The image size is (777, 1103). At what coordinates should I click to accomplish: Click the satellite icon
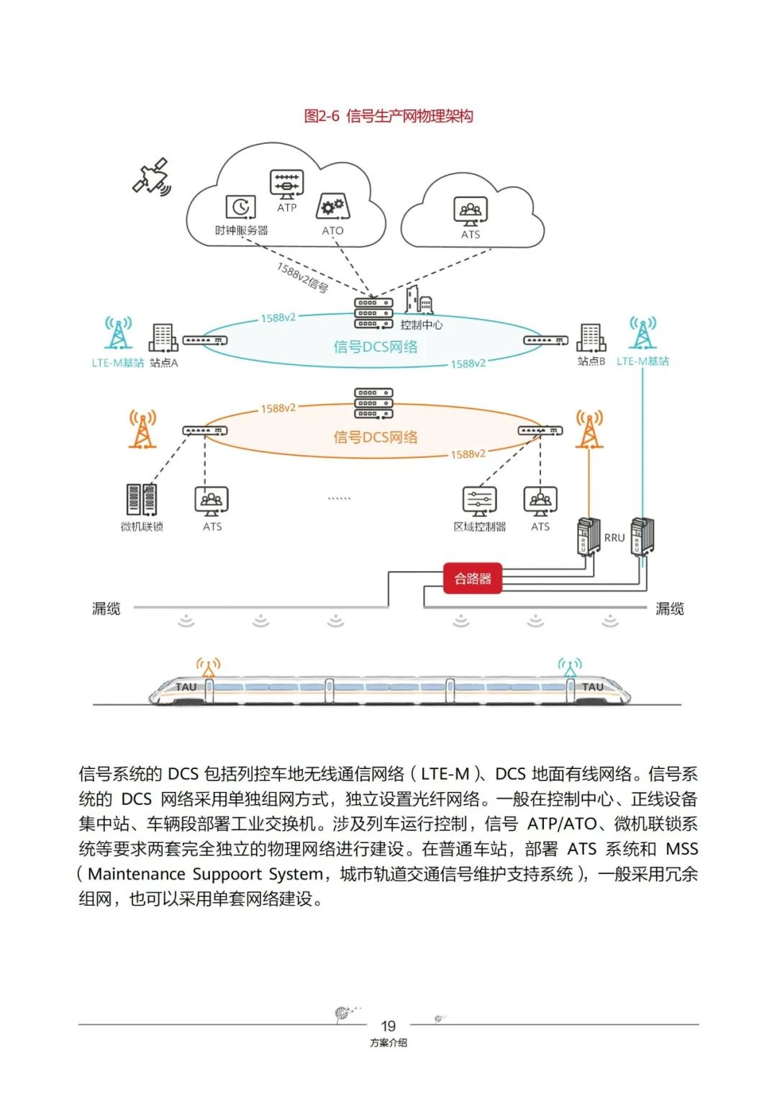[x=152, y=176]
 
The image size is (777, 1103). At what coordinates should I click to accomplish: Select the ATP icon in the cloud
[x=286, y=184]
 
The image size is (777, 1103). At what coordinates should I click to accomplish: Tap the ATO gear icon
[x=332, y=208]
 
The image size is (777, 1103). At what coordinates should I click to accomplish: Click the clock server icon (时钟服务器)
[x=240, y=207]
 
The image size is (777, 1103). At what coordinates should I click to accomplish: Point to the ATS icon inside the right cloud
[x=471, y=212]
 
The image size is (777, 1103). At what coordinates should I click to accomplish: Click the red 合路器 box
[x=472, y=578]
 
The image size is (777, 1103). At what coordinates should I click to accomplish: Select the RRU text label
[x=614, y=538]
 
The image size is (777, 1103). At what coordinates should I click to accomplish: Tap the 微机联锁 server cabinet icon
[x=141, y=500]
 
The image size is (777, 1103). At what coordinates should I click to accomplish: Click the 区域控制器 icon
[x=479, y=501]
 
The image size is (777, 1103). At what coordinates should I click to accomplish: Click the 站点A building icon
[x=163, y=338]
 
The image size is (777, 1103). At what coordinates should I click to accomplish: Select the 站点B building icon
[x=591, y=338]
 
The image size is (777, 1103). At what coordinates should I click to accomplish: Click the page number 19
[x=388, y=1026]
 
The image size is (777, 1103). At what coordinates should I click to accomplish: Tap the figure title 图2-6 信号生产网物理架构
[x=388, y=116]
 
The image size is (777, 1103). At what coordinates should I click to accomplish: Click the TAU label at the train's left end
[x=186, y=687]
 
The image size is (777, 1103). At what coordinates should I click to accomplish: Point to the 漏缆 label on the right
[x=669, y=609]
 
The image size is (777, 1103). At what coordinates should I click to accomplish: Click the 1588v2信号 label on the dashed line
[x=302, y=278]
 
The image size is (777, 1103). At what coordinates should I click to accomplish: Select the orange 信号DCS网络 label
[x=375, y=437]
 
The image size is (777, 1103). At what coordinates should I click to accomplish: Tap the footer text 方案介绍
[x=388, y=1043]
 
